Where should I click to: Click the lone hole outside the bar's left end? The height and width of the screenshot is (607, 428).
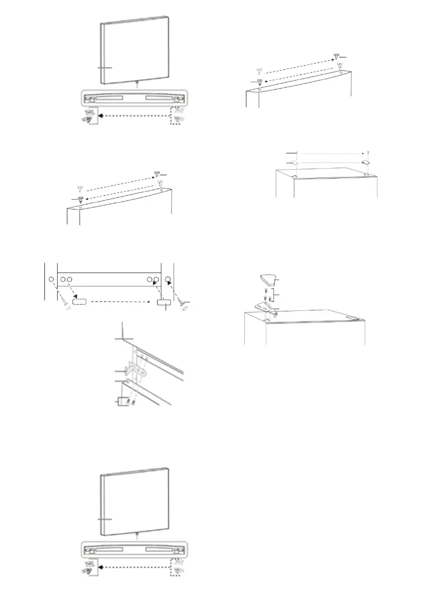pos(51,280)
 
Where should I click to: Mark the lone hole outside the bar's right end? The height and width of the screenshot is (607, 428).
pos(168,280)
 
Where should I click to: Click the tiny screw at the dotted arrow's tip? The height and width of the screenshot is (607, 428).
pos(368,152)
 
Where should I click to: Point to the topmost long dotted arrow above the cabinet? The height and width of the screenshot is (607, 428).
pos(332,152)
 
